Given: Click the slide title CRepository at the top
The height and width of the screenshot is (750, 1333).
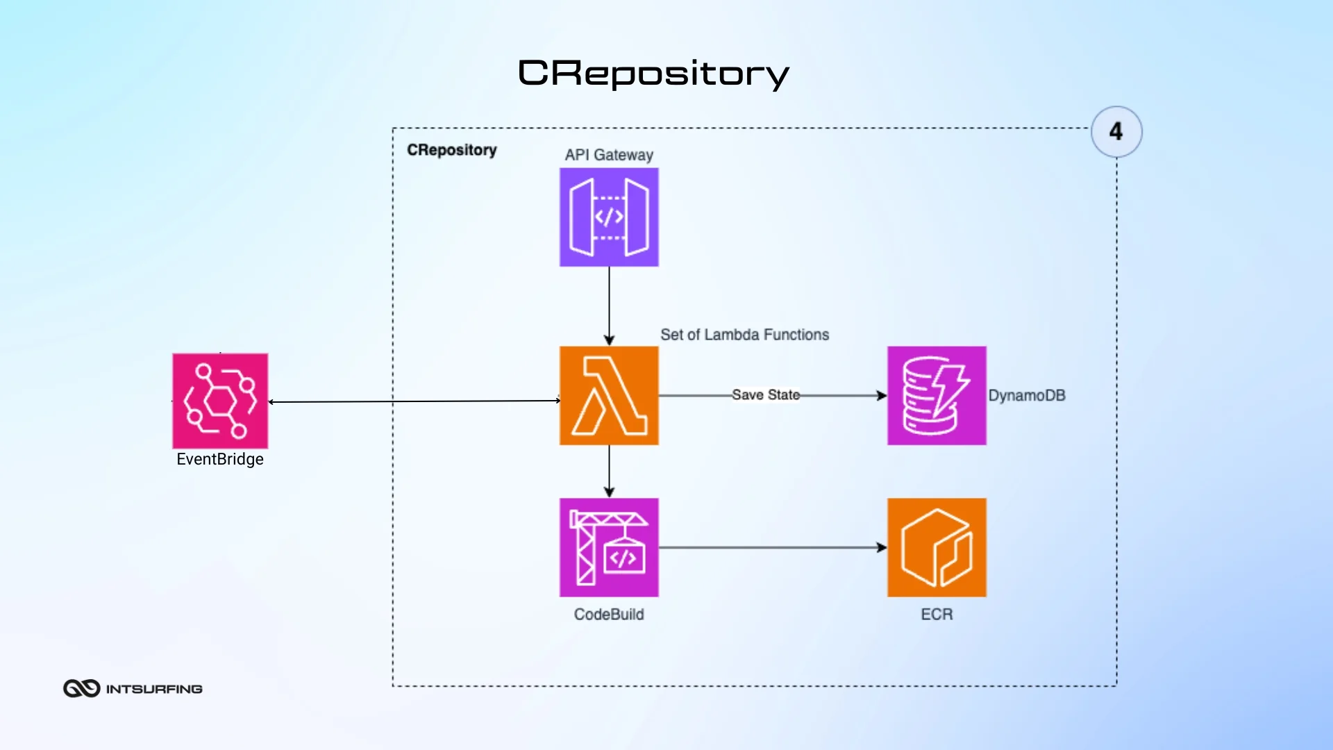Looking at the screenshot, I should pyautogui.click(x=653, y=73).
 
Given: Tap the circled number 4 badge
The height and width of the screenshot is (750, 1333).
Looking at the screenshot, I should pyautogui.click(x=1116, y=131).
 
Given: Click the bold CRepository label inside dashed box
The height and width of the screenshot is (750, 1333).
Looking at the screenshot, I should pyautogui.click(x=451, y=150).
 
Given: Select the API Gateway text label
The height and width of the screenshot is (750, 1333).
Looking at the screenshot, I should pyautogui.click(x=609, y=155).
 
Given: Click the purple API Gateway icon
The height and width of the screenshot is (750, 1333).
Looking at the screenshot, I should pyautogui.click(x=609, y=217).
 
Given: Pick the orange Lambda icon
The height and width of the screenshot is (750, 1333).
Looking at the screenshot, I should pyautogui.click(x=609, y=395).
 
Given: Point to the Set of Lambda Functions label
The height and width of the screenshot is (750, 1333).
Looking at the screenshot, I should pyautogui.click(x=744, y=335).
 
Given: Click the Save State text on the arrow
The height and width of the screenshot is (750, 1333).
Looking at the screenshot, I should pyautogui.click(x=765, y=395).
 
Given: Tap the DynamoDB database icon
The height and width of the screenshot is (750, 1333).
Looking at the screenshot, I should pyautogui.click(x=937, y=395).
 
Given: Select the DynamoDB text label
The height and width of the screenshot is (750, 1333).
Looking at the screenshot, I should pyautogui.click(x=1026, y=395).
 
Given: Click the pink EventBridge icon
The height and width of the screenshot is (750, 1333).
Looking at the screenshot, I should pyautogui.click(x=220, y=401).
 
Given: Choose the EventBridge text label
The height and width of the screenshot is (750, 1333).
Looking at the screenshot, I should pyautogui.click(x=220, y=459).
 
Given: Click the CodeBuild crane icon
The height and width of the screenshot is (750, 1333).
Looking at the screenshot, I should pyautogui.click(x=609, y=547).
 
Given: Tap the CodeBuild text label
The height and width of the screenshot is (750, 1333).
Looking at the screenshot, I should pyautogui.click(x=609, y=615).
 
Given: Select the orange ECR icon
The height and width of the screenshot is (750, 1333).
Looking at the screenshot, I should pyautogui.click(x=937, y=547).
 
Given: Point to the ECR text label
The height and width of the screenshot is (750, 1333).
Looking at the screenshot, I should pyautogui.click(x=937, y=615).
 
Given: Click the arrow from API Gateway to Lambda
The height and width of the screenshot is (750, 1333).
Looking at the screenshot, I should pyautogui.click(x=609, y=306).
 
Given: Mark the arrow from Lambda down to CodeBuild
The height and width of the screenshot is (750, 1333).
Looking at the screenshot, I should pyautogui.click(x=609, y=471).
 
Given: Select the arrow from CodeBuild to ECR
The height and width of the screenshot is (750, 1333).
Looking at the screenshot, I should pyautogui.click(x=771, y=547).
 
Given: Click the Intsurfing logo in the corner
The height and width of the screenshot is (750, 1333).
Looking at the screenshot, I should pyautogui.click(x=133, y=688).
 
